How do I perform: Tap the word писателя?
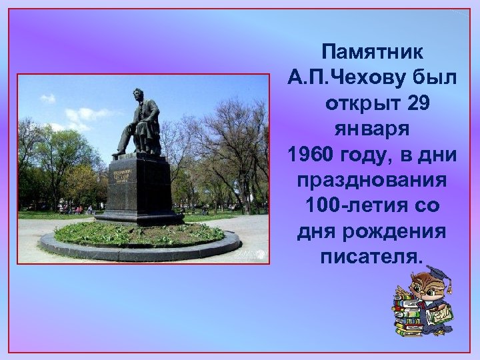click(369, 257)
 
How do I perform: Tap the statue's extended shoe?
click(117, 153)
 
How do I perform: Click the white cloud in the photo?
click(73, 117)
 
